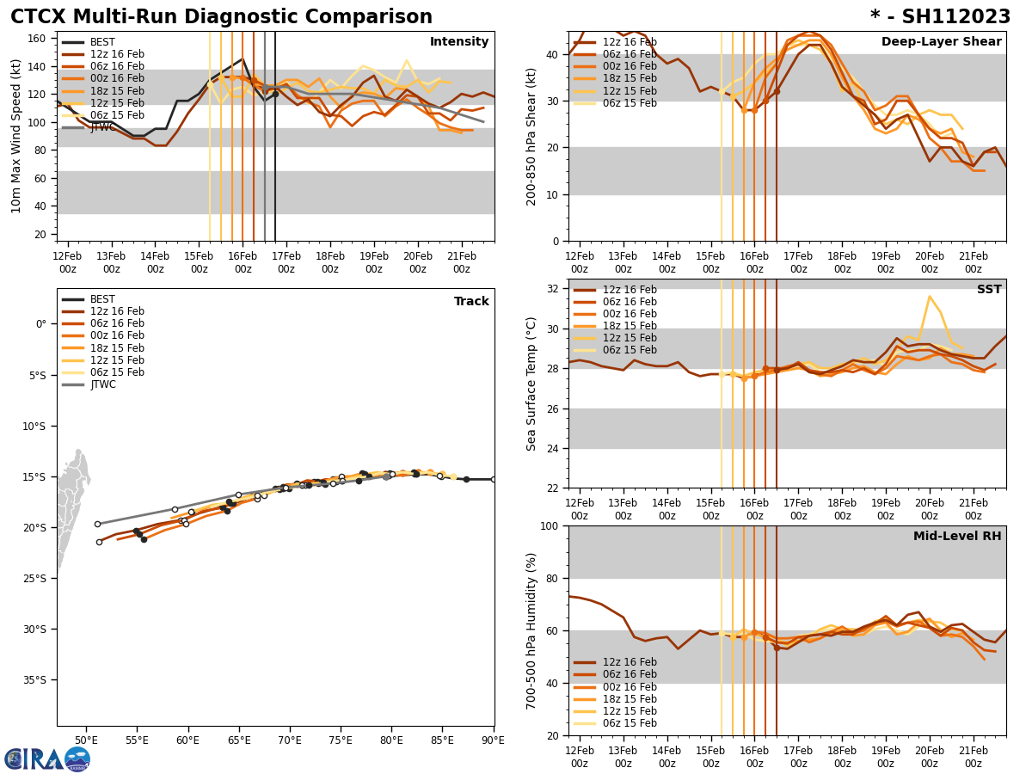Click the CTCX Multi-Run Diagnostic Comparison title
pos(221,17)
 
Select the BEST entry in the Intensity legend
pos(102,42)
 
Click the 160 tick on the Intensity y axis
pos(39,39)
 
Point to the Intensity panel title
pos(458,42)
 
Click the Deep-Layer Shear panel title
pos(941,42)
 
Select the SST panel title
pos(988,290)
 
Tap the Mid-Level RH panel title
pos(956,537)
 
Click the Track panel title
pos(471,302)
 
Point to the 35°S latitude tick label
pos(34,679)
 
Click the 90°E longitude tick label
pos(494,740)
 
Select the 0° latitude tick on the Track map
pos(41,324)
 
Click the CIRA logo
pos(46,759)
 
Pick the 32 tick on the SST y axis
pos(554,289)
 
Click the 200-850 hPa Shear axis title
pos(531,136)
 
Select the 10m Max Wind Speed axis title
pos(16,136)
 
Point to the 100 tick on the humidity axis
pos(550,525)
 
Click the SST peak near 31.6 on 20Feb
pos(929,297)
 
